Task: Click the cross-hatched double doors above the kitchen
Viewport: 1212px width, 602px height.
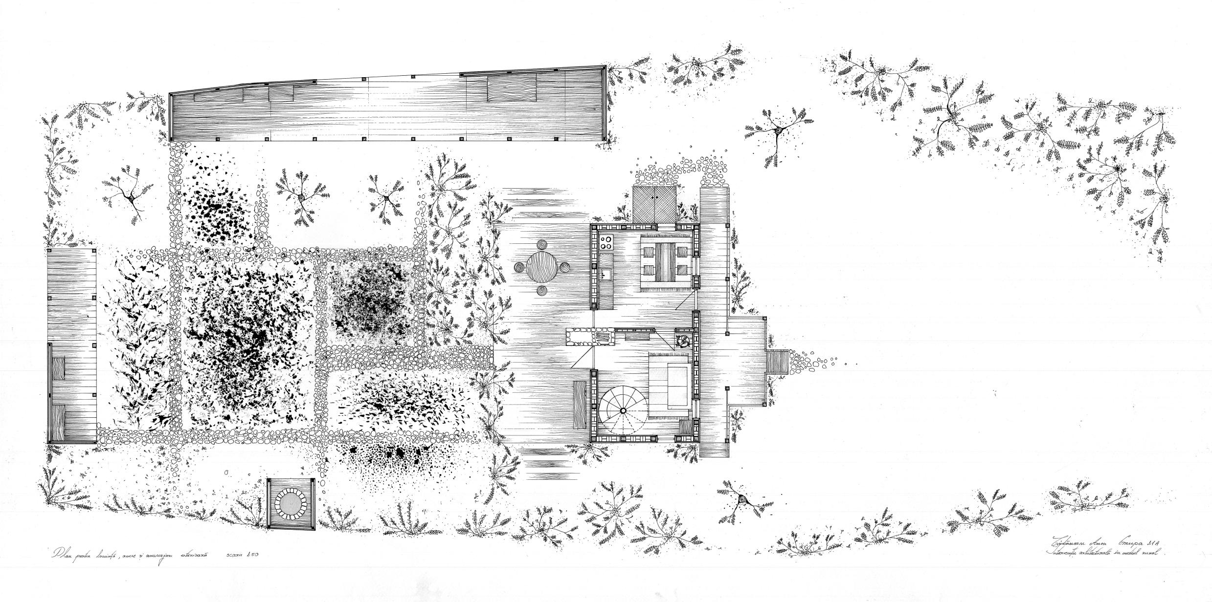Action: click(x=655, y=205)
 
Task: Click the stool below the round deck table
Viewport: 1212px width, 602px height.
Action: click(x=542, y=291)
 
